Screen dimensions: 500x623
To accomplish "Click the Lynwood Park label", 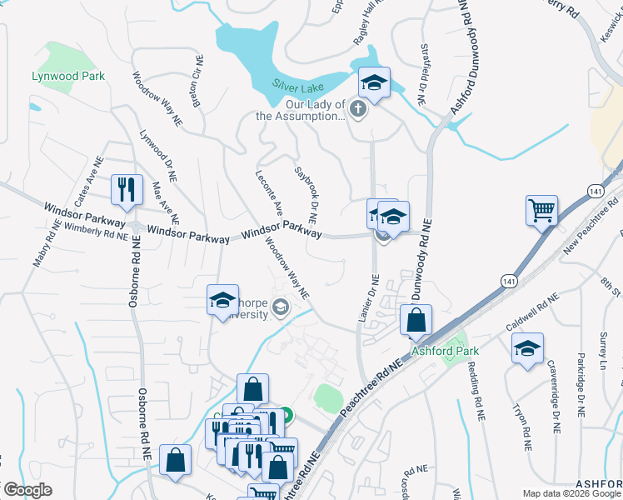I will [x=68, y=76].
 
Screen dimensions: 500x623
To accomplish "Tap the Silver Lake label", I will [x=297, y=84].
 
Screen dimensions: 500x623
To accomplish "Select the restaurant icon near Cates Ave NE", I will [x=127, y=189].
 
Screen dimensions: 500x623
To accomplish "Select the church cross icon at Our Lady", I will [x=358, y=110].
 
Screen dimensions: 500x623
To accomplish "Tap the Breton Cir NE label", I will [x=198, y=80].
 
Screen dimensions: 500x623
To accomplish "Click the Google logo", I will [x=27, y=490].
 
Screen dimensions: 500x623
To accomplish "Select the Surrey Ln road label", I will [x=602, y=351].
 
